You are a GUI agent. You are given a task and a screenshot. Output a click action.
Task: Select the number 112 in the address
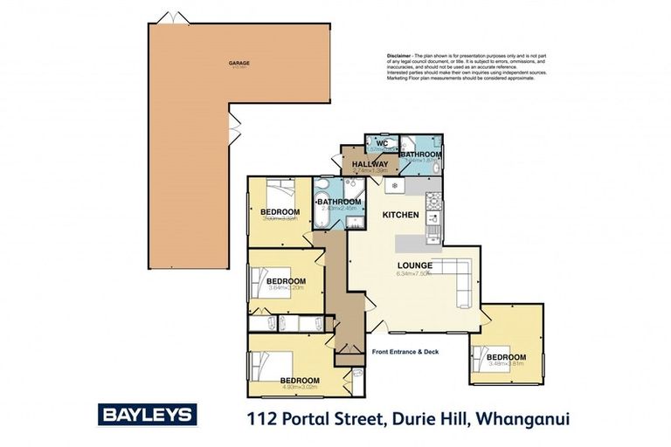coord(261,419)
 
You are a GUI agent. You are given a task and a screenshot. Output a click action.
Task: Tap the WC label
coord(382,142)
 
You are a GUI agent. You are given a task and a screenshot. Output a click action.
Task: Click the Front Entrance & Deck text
coord(405,352)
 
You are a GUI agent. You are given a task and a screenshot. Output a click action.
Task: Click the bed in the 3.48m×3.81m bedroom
coord(485,356)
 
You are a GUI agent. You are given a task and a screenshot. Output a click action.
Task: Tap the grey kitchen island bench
coord(416,244)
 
